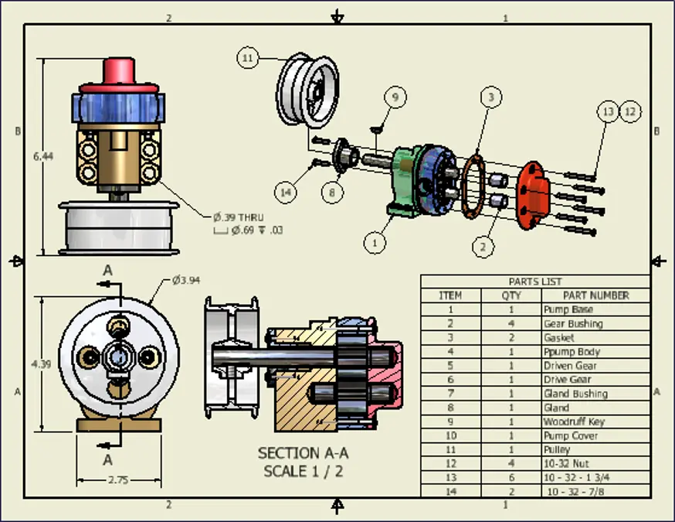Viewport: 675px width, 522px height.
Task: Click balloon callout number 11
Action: click(x=247, y=58)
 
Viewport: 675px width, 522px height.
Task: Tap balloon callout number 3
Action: click(x=490, y=97)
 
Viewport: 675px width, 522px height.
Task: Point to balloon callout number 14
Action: click(x=287, y=191)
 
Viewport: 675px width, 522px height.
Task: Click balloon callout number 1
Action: click(x=375, y=242)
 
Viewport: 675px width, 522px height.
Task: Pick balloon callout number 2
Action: click(x=483, y=247)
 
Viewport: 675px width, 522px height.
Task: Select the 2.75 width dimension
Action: click(x=117, y=479)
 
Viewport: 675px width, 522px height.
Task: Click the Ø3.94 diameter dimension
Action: click(x=186, y=279)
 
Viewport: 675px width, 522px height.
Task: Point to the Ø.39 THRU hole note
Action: click(x=239, y=217)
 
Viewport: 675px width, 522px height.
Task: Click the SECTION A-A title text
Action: click(x=302, y=453)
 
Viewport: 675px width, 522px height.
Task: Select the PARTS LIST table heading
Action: click(x=535, y=281)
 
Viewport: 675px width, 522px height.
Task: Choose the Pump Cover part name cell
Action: click(x=570, y=435)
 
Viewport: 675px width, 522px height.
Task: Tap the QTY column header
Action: click(x=511, y=295)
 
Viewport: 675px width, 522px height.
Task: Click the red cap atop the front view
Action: click(x=119, y=72)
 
